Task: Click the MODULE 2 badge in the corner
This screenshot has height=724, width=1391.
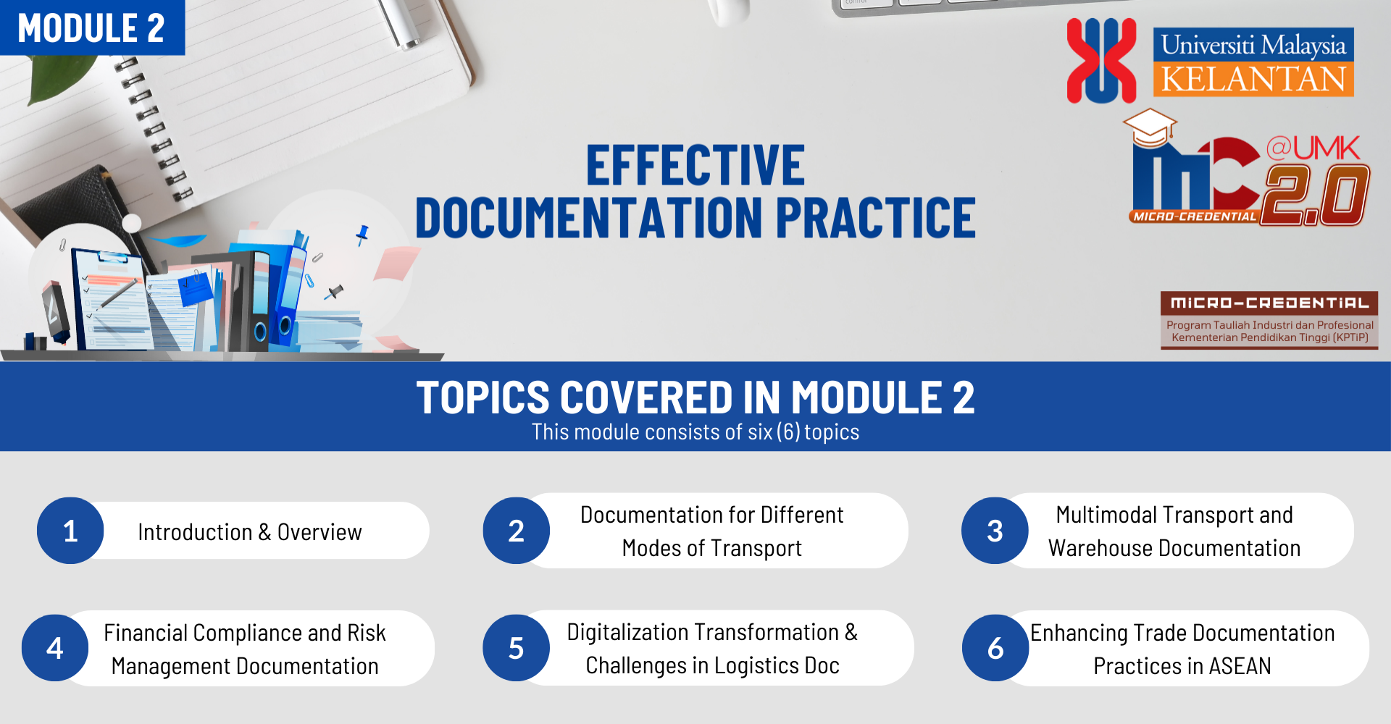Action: pos(92,28)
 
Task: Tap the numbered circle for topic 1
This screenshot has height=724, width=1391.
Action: pos(70,531)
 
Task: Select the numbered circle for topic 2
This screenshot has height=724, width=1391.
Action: pos(517,531)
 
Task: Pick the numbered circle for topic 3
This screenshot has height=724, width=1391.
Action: pos(995,531)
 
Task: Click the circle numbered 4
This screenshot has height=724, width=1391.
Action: pos(55,648)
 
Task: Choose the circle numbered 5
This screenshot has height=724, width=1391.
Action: pos(517,648)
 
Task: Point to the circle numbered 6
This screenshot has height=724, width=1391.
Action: pos(995,648)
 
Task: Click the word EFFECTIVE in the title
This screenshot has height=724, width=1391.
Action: pos(695,166)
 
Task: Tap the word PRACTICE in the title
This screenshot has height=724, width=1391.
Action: pos(876,217)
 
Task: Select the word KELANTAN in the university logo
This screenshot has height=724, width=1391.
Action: pos(1253,79)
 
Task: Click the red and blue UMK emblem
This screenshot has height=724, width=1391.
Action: pos(1101,60)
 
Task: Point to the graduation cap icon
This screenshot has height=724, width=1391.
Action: pos(1150,127)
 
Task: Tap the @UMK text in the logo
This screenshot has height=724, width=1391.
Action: pos(1313,148)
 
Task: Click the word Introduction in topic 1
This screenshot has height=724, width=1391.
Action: pos(195,532)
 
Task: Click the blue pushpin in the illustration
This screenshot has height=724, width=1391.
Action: pos(362,235)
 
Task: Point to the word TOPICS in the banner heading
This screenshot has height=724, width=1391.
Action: pos(483,397)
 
